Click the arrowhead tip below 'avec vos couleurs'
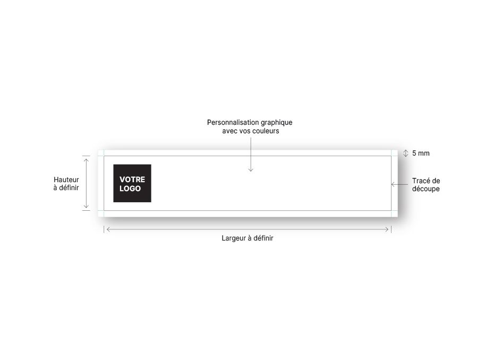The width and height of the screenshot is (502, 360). [251, 172]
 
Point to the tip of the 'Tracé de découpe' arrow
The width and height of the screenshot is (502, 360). [391, 184]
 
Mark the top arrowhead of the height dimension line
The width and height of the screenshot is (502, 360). [86, 159]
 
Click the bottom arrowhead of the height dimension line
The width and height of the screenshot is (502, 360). [86, 208]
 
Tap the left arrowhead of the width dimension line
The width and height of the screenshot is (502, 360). [107, 229]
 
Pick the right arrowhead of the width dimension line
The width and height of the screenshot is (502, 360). [388, 229]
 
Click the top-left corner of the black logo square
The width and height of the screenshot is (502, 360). [113, 165]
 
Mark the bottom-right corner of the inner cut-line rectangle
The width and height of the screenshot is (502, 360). [391, 211]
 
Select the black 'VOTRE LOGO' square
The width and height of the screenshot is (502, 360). [132, 183]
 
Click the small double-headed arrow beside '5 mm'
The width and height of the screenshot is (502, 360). [406, 153]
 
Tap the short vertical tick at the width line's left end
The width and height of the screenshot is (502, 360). [104, 229]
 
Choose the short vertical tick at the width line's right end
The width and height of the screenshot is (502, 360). [391, 229]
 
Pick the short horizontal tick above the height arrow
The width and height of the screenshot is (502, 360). [86, 156]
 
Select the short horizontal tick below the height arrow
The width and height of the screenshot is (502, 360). [86, 211]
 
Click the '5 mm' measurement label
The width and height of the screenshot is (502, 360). [421, 153]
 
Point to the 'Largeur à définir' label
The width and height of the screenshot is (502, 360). [248, 238]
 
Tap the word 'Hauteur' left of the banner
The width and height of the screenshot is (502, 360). [66, 180]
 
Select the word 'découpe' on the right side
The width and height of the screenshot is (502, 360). [426, 189]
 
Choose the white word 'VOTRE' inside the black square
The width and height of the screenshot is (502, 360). [132, 179]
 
